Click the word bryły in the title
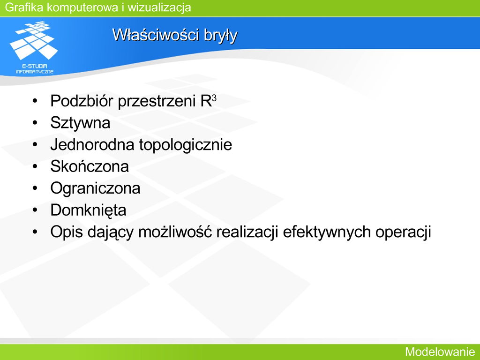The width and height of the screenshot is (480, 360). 221,36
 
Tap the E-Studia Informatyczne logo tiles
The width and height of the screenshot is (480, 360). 34,40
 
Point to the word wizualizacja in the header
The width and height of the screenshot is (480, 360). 159,7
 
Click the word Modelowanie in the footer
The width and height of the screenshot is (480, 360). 440,352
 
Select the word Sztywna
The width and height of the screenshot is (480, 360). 80,123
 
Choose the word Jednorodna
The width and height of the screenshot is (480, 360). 92,144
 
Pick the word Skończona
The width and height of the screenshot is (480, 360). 90,166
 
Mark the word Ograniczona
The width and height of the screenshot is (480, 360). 95,188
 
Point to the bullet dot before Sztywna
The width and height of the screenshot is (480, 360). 35,123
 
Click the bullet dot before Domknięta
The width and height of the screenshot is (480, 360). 35,210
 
